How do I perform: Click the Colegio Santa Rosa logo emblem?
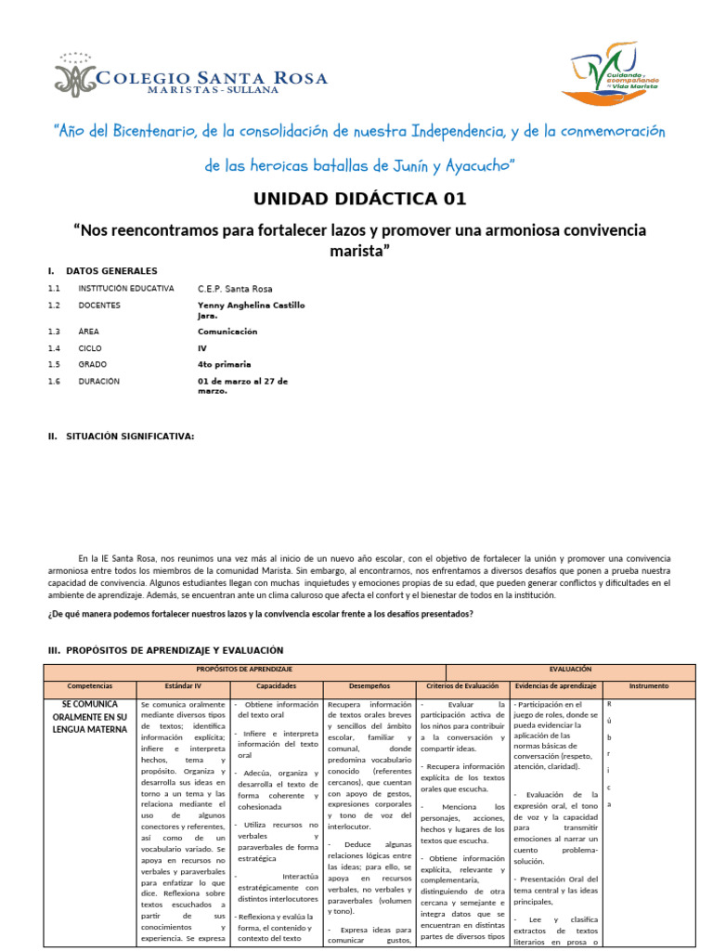tap(74, 74)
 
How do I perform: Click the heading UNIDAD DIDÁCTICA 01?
tap(360, 199)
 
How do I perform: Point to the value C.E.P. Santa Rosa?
tap(235, 289)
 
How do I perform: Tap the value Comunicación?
tap(227, 331)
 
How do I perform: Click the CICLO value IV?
tap(202, 347)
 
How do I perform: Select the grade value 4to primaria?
tap(224, 364)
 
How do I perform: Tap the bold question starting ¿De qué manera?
tap(260, 614)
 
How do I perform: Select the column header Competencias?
tap(90, 686)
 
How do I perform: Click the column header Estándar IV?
tap(183, 686)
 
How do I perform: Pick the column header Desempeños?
tap(369, 686)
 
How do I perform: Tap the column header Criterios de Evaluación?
tap(462, 686)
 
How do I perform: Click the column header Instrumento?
tap(648, 686)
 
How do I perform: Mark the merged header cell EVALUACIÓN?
tap(570, 669)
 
